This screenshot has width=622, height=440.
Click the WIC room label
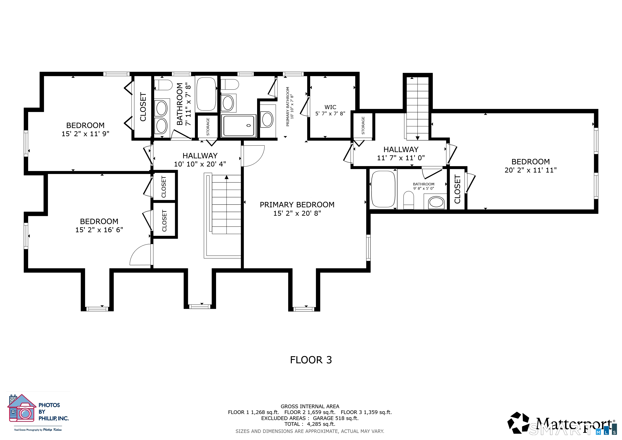tap(330, 107)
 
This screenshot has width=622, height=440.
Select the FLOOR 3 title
tap(311, 360)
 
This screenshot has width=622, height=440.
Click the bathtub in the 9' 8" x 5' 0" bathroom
tap(383, 189)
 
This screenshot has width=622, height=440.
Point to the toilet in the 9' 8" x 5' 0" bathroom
tap(409, 200)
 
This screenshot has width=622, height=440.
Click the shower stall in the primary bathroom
tap(238, 126)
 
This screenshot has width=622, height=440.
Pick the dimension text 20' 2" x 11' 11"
tap(531, 170)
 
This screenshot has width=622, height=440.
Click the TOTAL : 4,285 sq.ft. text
tap(310, 424)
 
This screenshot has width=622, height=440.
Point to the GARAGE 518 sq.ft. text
tap(336, 418)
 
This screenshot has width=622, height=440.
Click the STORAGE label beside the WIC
tap(363, 125)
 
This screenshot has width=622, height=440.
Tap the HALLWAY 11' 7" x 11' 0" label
tap(401, 154)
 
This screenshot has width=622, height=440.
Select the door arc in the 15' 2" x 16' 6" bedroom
tap(140, 255)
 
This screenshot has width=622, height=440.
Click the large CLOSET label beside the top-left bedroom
tap(143, 107)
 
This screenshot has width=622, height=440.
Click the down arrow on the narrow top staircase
tap(418, 138)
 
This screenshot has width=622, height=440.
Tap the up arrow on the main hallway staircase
tap(226, 177)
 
